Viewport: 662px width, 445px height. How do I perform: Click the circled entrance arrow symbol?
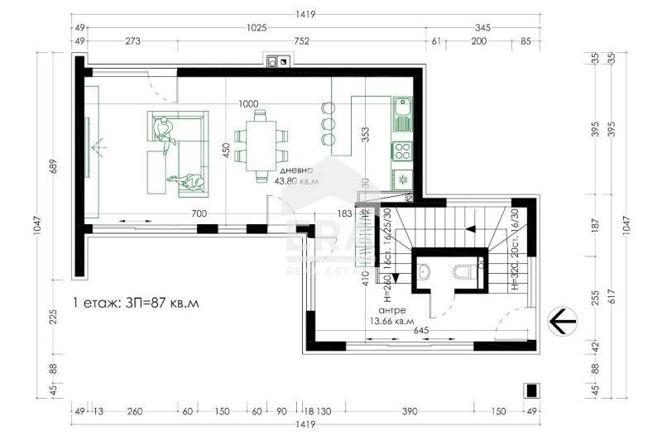563,319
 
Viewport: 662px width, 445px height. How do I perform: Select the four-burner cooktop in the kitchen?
402,151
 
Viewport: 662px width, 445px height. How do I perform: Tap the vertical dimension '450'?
224,150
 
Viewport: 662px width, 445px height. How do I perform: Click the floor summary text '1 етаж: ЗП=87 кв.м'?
137,303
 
